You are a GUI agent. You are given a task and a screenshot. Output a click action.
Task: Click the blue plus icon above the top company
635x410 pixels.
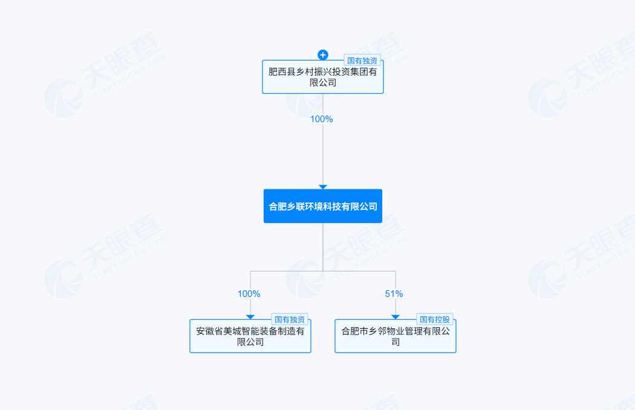(x=323, y=55)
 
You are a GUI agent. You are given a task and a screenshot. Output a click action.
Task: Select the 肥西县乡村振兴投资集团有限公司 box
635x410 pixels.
(x=322, y=77)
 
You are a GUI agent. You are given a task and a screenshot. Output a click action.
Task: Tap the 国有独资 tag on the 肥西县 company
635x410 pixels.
(x=362, y=60)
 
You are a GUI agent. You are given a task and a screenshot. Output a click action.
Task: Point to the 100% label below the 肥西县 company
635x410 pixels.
(x=321, y=119)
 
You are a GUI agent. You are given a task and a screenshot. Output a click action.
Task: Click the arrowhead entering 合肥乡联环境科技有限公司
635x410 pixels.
(x=323, y=186)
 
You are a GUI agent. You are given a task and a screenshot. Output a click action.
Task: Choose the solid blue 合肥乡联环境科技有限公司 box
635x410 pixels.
(x=322, y=206)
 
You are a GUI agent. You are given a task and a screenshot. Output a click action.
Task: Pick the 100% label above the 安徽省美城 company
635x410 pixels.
(x=249, y=294)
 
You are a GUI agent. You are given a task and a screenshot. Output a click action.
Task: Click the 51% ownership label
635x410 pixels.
(x=394, y=294)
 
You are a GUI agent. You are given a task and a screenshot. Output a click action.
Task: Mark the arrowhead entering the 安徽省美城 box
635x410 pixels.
(x=250, y=316)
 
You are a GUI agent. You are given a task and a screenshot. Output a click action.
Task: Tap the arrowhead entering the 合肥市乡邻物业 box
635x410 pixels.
(x=396, y=316)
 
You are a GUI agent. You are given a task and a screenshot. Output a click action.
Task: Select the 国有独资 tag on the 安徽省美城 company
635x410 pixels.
(x=290, y=319)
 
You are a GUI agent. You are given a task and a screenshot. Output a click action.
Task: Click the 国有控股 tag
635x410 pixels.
(x=435, y=319)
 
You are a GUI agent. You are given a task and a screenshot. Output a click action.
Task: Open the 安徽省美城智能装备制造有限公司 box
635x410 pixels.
(x=250, y=337)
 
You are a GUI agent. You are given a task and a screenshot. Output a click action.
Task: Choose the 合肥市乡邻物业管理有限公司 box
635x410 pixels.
(x=395, y=337)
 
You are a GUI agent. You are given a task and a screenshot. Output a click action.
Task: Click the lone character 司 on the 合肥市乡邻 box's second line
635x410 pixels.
(x=396, y=342)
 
